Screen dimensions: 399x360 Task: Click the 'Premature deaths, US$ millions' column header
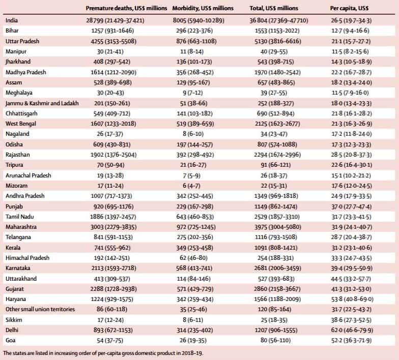tap(126, 8)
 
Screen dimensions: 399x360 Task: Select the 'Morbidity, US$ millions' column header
tap(203, 8)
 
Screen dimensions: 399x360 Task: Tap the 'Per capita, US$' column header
tap(349, 8)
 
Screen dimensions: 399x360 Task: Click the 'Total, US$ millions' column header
tap(274, 8)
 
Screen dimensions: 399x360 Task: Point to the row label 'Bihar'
tap(12, 31)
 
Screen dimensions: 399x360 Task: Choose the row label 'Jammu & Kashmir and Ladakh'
tap(42, 103)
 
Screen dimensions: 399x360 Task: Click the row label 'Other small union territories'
tap(40, 309)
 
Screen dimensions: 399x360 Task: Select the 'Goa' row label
tap(10, 340)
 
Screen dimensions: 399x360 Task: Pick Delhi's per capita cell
tap(352, 330)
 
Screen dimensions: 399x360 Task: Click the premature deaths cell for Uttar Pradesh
tap(113, 41)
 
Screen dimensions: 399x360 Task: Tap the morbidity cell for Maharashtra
tap(196, 227)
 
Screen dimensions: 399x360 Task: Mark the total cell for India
tap(279, 20)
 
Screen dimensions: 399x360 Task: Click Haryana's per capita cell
tap(352, 299)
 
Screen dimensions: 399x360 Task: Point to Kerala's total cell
tap(276, 248)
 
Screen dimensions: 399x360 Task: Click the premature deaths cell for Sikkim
tap(110, 320)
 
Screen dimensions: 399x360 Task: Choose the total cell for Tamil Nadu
tap(277, 217)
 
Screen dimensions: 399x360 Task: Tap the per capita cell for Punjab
tap(351, 206)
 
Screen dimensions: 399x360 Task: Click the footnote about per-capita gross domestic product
tap(103, 353)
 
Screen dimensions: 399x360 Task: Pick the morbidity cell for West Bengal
tap(195, 124)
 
